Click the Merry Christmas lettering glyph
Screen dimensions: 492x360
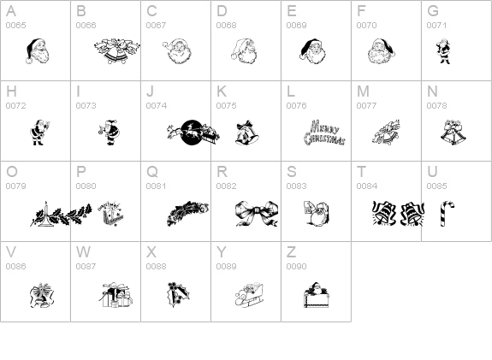tap(324, 133)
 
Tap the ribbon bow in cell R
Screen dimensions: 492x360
tap(257, 213)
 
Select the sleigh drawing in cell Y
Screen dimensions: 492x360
tap(249, 295)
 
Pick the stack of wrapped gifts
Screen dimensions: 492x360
tap(116, 295)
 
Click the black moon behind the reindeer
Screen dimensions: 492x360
tap(192, 133)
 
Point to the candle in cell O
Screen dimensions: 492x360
tap(46, 213)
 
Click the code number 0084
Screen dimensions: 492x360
tap(366, 186)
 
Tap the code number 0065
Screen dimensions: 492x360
tap(15, 26)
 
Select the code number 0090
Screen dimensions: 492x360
tap(296, 266)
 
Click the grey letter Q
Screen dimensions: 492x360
tap(152, 172)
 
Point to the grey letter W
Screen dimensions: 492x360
tap(83, 251)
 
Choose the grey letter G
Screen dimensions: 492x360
tap(433, 11)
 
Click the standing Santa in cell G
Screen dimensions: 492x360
tap(443, 51)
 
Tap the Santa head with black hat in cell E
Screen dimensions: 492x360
tap(312, 52)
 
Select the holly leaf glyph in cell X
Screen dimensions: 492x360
tap(178, 295)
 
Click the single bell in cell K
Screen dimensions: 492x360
tap(247, 133)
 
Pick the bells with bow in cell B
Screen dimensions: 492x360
tap(117, 51)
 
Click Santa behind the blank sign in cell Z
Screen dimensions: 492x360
tap(316, 295)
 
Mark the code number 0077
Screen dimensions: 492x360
tap(366, 106)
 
